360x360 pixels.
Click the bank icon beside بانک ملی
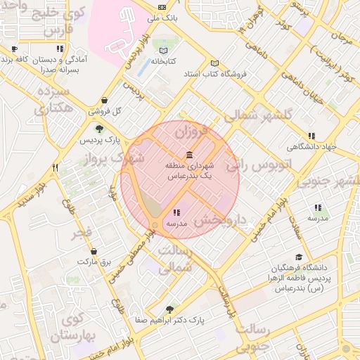(165, 13)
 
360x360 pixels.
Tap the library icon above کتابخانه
(164, 51)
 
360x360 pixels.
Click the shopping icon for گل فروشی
(105, 101)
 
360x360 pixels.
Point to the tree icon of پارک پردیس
(99, 128)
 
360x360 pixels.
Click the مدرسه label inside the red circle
(175, 223)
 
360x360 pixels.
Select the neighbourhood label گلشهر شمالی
(255, 117)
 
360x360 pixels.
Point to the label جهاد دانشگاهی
(311, 147)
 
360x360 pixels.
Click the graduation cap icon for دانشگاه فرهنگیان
(299, 257)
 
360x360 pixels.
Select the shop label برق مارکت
(94, 261)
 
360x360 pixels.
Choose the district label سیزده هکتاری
(52, 99)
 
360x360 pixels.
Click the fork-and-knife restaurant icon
(55, 167)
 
